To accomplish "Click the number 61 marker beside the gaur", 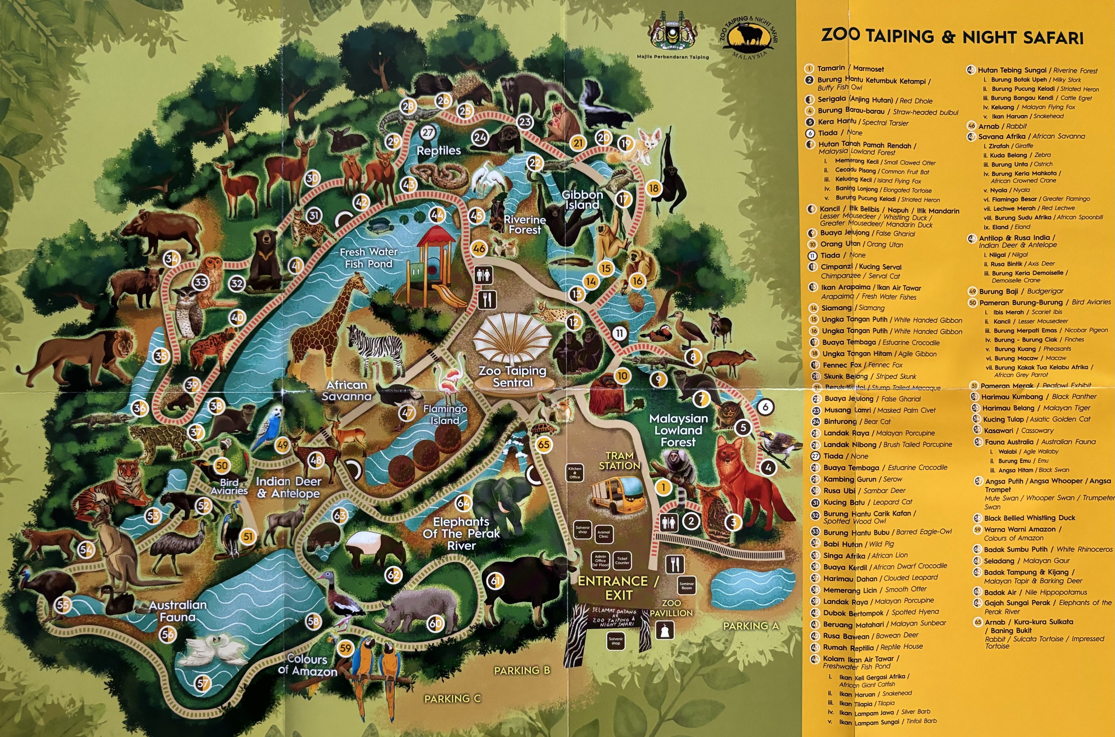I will tap(495, 581).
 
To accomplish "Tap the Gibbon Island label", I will tap(582, 200).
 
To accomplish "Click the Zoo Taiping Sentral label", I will tap(512, 376).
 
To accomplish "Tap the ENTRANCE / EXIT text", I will tap(618, 588).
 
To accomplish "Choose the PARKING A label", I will tap(750, 626).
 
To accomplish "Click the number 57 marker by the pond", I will tap(203, 683).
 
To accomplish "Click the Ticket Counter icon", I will tap(622, 560).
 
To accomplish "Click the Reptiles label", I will tap(438, 151).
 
